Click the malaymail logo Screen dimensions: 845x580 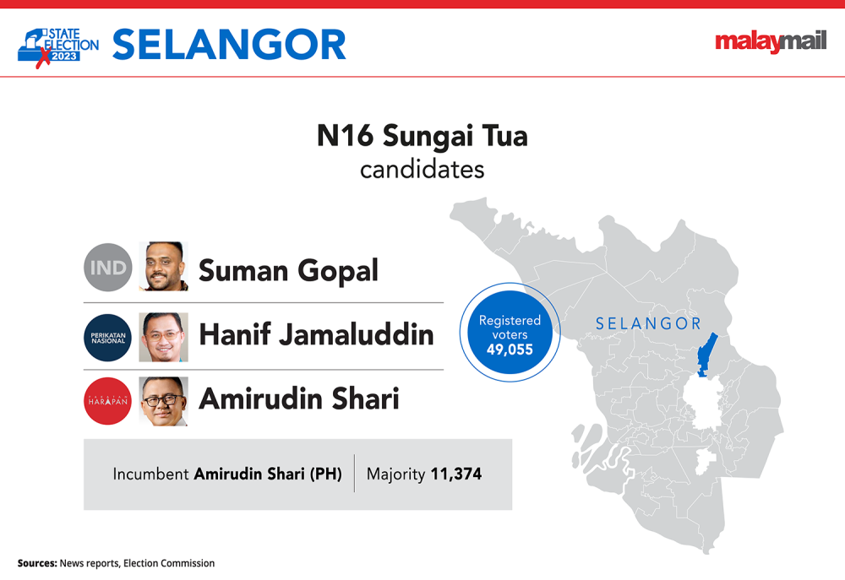[771, 41]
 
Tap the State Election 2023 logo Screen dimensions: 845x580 [58, 47]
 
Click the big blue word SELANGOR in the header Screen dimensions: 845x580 [229, 45]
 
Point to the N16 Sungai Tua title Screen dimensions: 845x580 [422, 136]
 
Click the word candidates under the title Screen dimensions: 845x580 [422, 170]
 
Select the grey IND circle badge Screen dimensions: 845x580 [108, 267]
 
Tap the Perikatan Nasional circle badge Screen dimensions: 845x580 [108, 338]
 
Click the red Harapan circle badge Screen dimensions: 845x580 [108, 401]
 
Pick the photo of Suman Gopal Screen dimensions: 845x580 [163, 267]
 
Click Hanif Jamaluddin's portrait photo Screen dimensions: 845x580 [163, 337]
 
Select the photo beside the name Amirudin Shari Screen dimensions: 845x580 [163, 401]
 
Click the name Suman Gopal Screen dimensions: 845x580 [288, 271]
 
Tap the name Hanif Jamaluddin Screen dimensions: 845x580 [316, 334]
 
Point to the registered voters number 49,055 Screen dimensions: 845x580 [510, 350]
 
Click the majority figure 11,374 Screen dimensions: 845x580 [456, 474]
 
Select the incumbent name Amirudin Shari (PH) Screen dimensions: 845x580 [268, 474]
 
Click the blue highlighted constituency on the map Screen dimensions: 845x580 [706, 355]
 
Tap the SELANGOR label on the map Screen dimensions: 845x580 [648, 323]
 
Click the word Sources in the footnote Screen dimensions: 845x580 [37, 563]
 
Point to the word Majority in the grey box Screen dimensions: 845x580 [396, 474]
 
